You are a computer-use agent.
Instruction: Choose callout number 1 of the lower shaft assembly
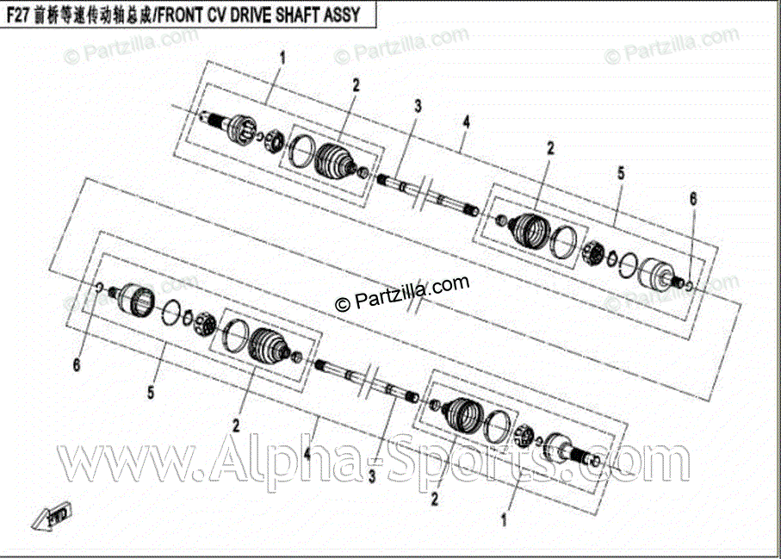pyautogui.click(x=505, y=520)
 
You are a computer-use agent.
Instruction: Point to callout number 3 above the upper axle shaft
pyautogui.click(x=417, y=107)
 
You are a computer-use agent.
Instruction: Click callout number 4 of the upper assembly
pyautogui.click(x=465, y=122)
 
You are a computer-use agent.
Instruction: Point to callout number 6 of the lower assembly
pyautogui.click(x=77, y=366)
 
